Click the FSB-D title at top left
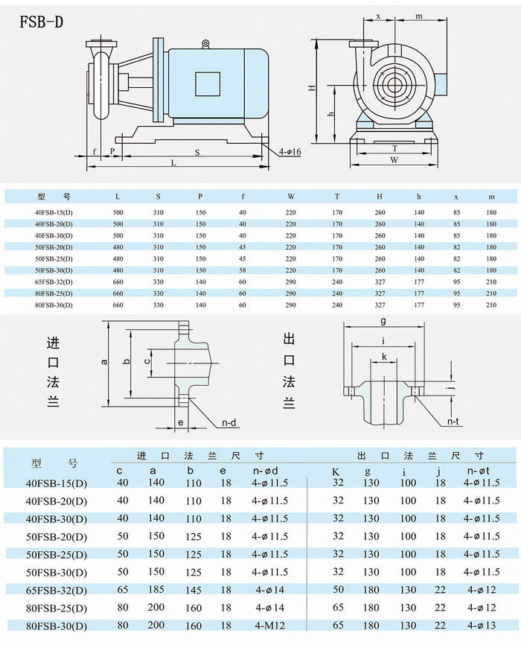(x=41, y=22)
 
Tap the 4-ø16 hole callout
(x=290, y=152)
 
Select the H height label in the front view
(x=313, y=87)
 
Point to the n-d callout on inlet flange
(x=229, y=422)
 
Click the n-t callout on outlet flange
(x=453, y=422)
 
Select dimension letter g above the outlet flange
(x=383, y=322)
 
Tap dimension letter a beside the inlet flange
(x=105, y=361)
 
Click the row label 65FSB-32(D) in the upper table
(x=54, y=284)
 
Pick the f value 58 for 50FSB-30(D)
(x=242, y=270)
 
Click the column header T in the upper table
(x=336, y=197)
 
